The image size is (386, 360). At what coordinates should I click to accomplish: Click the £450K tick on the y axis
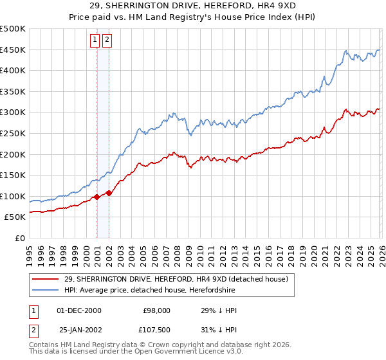[13, 50]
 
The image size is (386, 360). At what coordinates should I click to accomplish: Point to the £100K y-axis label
[13, 196]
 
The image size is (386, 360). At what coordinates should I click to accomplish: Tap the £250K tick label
[13, 133]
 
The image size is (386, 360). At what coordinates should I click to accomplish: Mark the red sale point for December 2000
[96, 197]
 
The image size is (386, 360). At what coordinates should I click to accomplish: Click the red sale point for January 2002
[109, 193]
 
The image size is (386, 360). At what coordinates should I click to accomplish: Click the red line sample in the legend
[46, 278]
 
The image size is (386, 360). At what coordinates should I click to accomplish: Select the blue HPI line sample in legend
[46, 289]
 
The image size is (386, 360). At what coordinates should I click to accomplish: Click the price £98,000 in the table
[156, 310]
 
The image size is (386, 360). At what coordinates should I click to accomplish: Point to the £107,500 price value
[155, 330]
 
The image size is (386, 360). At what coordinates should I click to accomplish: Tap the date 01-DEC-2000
[79, 310]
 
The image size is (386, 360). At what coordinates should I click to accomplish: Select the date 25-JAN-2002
[79, 330]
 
